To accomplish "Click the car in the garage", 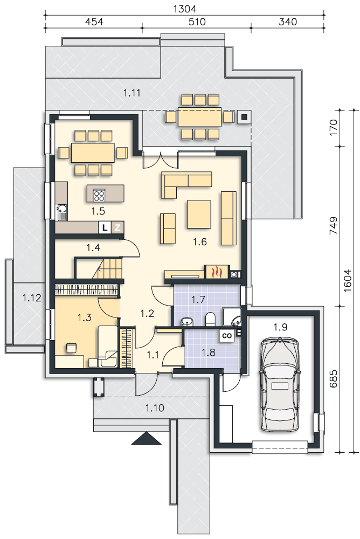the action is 280,384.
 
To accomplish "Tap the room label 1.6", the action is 200,241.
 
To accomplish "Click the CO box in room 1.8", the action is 227,335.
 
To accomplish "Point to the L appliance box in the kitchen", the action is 105,227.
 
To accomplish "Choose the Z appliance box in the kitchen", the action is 117,227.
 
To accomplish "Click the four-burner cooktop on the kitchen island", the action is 99,195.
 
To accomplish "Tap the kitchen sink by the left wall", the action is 62,211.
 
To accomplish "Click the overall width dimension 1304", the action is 185,9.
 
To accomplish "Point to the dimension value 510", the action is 197,22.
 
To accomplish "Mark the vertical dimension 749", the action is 334,225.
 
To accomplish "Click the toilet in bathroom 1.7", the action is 210,319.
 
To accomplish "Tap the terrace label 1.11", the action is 131,93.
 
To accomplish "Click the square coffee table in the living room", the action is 199,214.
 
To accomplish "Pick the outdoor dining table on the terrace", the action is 199,118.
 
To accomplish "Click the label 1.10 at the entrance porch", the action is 155,408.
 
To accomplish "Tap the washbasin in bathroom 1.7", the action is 187,321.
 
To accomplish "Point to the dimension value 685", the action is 334,378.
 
